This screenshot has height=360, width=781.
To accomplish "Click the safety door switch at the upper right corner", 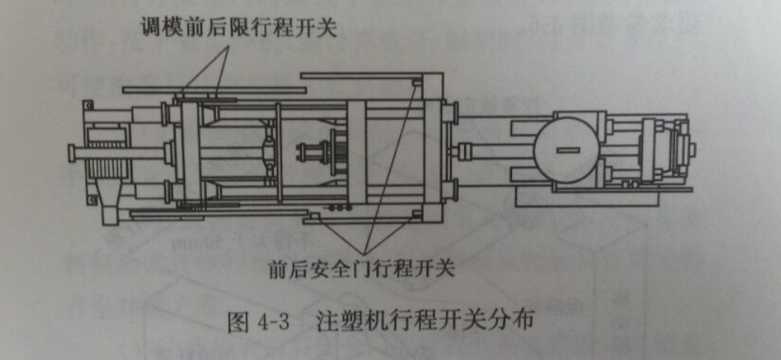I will pos(417,82).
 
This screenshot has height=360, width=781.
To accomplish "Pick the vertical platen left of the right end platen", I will pos(358,149).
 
